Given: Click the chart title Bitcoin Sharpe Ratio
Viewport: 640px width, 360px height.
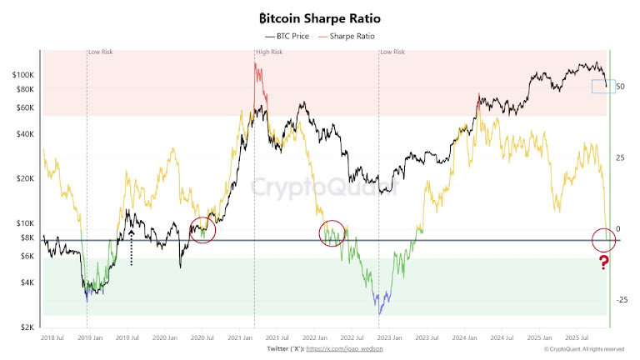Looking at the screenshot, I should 320,17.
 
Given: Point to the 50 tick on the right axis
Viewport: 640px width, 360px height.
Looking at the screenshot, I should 620,86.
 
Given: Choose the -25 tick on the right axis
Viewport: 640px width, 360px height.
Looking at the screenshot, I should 622,300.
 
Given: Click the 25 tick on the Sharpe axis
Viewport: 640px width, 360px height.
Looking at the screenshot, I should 620,157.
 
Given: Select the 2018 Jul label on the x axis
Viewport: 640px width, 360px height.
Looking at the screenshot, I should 52,338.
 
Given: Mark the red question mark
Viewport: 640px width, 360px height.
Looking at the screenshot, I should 604,264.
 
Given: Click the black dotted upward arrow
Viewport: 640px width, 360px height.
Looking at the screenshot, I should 131,247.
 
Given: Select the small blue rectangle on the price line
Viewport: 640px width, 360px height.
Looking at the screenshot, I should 602,86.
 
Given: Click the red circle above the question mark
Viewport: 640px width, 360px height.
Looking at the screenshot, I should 604,240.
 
